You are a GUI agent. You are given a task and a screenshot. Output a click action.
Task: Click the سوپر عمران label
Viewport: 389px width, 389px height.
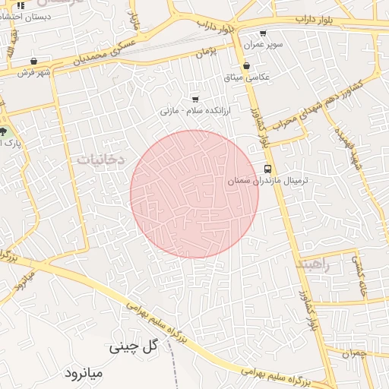(263, 45)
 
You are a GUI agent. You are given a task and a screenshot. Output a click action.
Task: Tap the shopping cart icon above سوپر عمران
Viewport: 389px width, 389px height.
(263, 33)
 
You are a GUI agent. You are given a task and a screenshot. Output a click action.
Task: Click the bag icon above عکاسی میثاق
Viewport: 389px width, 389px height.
(246, 66)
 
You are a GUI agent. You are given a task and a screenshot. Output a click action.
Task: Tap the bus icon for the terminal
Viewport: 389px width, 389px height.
(267, 169)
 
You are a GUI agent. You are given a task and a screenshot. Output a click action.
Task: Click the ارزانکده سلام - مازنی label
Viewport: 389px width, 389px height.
(196, 110)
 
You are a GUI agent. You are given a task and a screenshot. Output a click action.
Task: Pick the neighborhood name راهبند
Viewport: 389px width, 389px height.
(314, 262)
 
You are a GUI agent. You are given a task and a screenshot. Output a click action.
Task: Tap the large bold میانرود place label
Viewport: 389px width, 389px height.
(89, 374)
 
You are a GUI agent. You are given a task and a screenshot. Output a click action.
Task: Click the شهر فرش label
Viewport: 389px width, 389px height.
(34, 72)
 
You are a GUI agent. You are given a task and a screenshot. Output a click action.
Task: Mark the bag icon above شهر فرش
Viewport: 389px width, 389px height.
(34, 61)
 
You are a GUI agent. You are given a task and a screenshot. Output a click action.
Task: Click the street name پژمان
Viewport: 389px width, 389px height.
(207, 52)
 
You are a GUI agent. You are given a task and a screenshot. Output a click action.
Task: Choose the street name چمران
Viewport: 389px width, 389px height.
(354, 353)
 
